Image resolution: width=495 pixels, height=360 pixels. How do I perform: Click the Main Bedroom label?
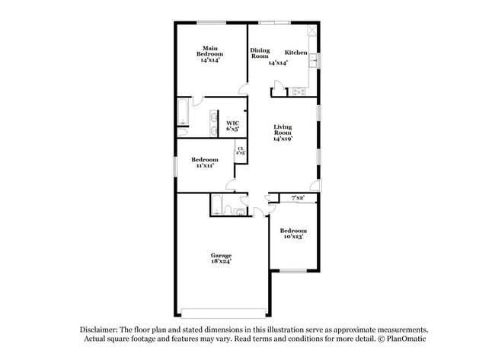(x=210, y=54)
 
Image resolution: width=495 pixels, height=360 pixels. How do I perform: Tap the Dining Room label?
(x=260, y=53)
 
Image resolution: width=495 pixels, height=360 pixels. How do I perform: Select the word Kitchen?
(x=296, y=53)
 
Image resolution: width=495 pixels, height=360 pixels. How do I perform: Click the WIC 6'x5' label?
(x=233, y=126)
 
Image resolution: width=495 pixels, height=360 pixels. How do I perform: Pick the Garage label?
(x=222, y=255)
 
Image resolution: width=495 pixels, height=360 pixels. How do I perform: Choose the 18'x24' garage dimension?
(x=222, y=261)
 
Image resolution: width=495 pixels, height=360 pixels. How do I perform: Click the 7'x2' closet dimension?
(x=299, y=198)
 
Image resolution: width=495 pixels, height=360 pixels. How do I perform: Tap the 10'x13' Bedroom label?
(x=292, y=234)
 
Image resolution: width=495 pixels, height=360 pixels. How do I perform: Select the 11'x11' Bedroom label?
(x=204, y=162)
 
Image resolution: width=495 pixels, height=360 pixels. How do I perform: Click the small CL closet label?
(x=241, y=151)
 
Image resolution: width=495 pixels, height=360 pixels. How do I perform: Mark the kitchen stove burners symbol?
(x=299, y=92)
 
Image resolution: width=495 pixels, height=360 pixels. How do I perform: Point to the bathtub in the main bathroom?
(x=184, y=111)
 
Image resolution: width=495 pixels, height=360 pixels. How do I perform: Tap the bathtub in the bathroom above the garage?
(x=218, y=204)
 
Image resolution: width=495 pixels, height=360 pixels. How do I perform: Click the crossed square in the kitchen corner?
(x=311, y=31)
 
